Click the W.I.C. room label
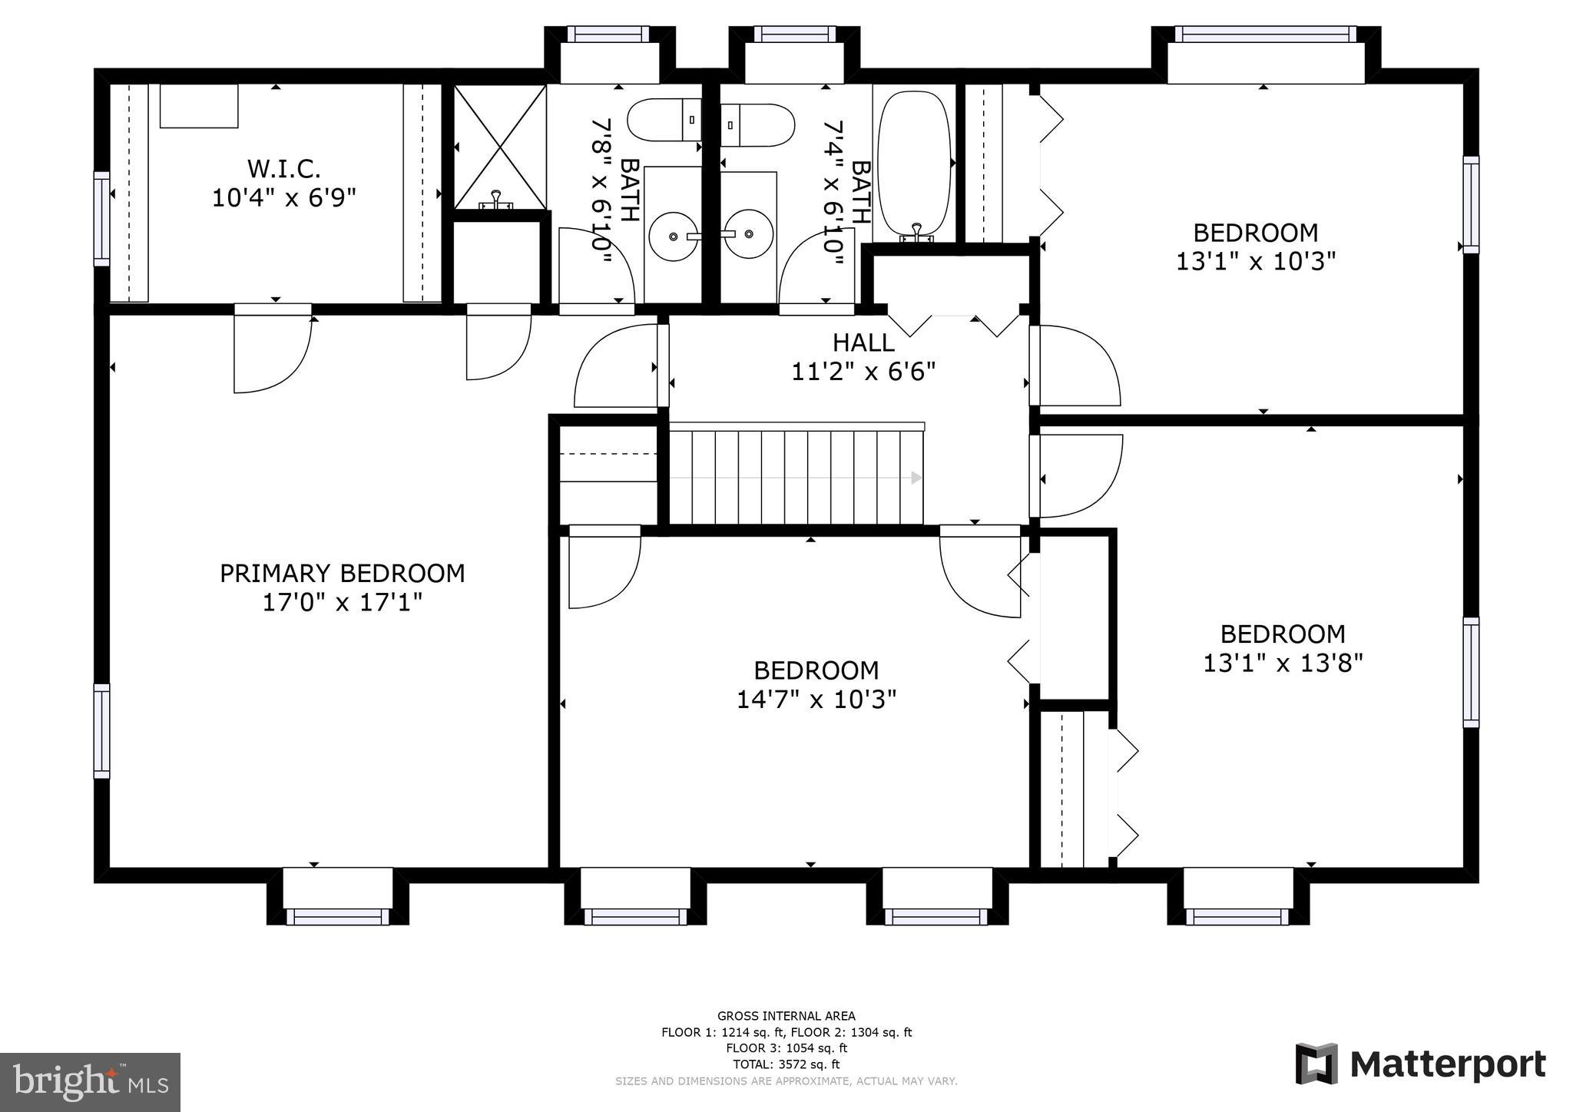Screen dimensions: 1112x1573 coord(283,168)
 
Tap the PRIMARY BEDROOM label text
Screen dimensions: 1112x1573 coord(343,574)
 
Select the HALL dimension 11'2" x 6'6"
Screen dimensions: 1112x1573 coord(863,372)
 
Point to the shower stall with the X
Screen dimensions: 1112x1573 coord(500,147)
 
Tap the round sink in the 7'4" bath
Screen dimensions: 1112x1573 coord(749,233)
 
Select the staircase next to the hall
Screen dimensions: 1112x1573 coord(795,477)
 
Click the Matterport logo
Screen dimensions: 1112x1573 coord(1420,1065)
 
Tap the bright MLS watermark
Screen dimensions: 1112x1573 coord(91,1082)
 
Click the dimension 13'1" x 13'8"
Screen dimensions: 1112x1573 coord(1283,663)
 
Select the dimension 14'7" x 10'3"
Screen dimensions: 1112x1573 coord(816,700)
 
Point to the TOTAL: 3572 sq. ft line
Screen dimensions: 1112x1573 coord(786,1064)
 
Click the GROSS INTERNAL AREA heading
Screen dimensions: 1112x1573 coord(786,1016)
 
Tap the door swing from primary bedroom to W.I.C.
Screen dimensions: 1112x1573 coord(273,353)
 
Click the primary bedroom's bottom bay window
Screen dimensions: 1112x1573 coord(338,915)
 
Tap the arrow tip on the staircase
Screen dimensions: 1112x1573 coord(916,478)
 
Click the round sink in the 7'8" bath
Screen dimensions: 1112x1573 coord(674,236)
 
